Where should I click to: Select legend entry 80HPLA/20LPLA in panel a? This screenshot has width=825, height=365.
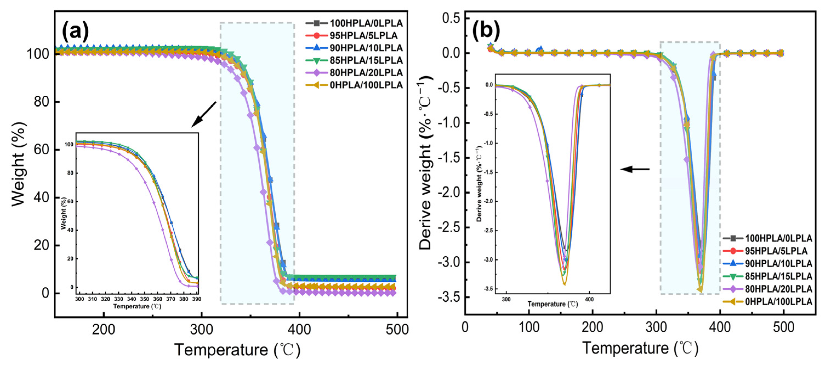pos(366,72)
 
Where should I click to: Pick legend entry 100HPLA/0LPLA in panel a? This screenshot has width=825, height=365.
pos(366,23)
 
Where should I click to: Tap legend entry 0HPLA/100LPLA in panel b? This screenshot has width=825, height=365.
pos(778,302)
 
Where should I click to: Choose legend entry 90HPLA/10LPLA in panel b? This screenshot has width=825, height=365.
pos(778,264)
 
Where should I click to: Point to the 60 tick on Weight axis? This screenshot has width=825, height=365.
pos(42,150)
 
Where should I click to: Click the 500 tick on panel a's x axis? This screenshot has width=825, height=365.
pos(396,329)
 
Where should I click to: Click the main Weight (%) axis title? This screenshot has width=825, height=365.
pos(18,164)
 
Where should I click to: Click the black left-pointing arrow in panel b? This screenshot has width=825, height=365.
pos(635,169)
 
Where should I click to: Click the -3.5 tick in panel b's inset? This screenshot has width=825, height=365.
pos(489,289)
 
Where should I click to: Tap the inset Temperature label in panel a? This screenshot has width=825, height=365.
pos(137,307)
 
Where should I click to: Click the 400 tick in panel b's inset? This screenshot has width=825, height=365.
pos(589,299)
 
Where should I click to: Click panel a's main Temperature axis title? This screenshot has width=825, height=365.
pos(237,350)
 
